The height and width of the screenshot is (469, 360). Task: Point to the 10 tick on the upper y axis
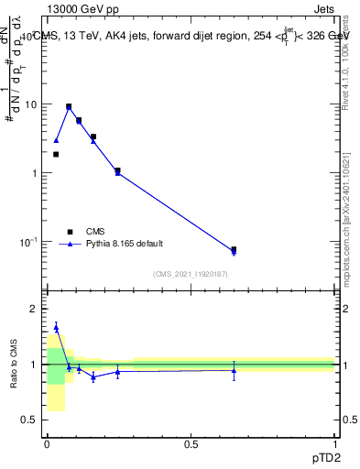click(33, 104)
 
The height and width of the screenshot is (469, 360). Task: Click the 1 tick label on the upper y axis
click(35, 173)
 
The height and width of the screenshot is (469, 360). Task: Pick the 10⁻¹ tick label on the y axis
click(30, 242)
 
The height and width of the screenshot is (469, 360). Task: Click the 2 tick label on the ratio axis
click(34, 309)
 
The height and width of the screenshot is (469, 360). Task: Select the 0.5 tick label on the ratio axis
click(30, 420)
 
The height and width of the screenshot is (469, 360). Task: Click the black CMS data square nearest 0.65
click(234, 249)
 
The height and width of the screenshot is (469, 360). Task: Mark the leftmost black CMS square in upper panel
click(56, 154)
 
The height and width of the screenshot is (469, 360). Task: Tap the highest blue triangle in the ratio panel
click(56, 327)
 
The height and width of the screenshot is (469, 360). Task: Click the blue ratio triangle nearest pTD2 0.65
click(234, 370)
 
